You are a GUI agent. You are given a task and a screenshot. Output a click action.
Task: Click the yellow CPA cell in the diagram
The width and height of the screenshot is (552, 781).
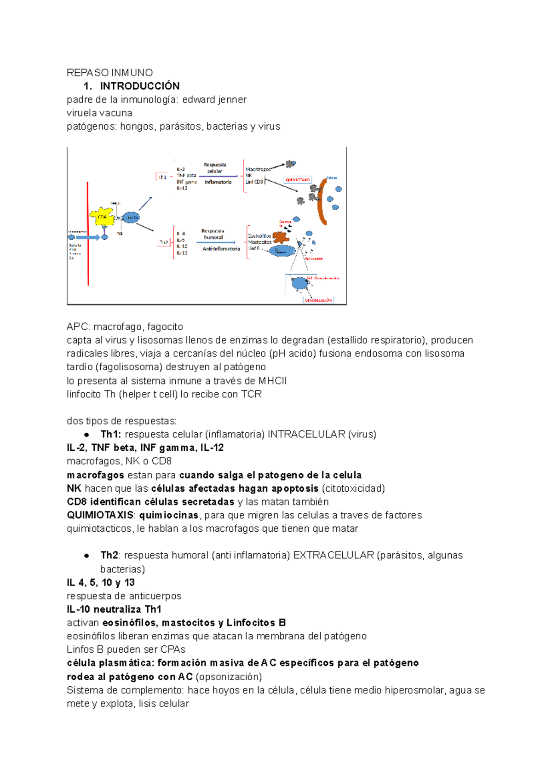(102, 216)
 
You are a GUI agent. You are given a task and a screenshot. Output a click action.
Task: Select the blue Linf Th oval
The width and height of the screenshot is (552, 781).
(131, 217)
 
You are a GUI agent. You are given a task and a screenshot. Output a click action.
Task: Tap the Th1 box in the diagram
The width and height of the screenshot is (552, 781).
(162, 177)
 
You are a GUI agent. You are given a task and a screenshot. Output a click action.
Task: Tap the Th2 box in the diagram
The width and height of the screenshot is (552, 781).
(163, 241)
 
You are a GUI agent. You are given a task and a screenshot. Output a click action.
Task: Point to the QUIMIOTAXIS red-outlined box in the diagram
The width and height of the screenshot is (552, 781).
(298, 179)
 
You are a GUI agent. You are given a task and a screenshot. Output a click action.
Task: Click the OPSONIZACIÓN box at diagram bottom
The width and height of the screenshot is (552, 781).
(318, 300)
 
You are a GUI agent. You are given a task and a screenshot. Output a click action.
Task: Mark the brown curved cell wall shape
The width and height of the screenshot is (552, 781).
(322, 201)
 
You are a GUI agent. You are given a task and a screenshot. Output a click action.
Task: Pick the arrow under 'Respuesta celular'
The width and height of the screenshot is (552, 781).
(218, 176)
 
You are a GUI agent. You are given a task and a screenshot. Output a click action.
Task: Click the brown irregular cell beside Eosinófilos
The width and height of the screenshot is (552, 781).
(281, 237)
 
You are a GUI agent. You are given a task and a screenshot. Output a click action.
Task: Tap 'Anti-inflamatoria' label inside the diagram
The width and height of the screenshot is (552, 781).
(221, 249)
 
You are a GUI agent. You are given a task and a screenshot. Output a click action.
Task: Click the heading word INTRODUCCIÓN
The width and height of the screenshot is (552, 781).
(140, 86)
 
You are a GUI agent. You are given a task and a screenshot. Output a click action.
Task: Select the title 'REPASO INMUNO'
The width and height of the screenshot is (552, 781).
(109, 73)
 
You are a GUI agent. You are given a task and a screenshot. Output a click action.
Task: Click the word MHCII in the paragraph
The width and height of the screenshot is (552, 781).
(272, 381)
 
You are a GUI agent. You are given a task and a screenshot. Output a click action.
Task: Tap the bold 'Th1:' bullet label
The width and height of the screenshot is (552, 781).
(110, 434)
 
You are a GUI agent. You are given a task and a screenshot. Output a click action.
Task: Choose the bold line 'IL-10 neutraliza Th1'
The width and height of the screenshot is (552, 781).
(114, 609)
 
